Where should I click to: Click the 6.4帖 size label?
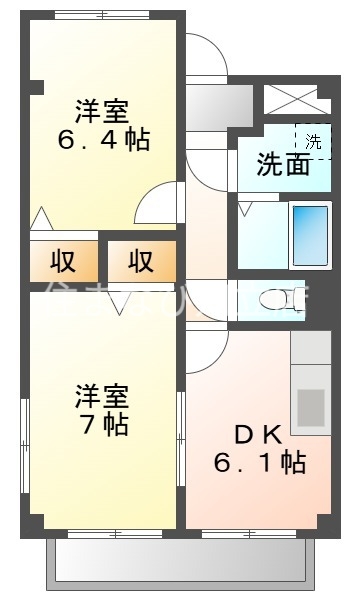click(x=104, y=139)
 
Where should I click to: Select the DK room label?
click(x=258, y=435)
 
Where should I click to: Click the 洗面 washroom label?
click(x=282, y=165)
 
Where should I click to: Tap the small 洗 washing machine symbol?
click(x=313, y=141)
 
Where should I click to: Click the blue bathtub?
click(x=310, y=234)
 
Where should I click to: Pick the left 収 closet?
click(x=64, y=262)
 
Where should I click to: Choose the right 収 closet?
click(x=141, y=262)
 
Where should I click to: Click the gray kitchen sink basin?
click(x=311, y=408)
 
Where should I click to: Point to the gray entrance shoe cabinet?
click(x=219, y=103)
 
